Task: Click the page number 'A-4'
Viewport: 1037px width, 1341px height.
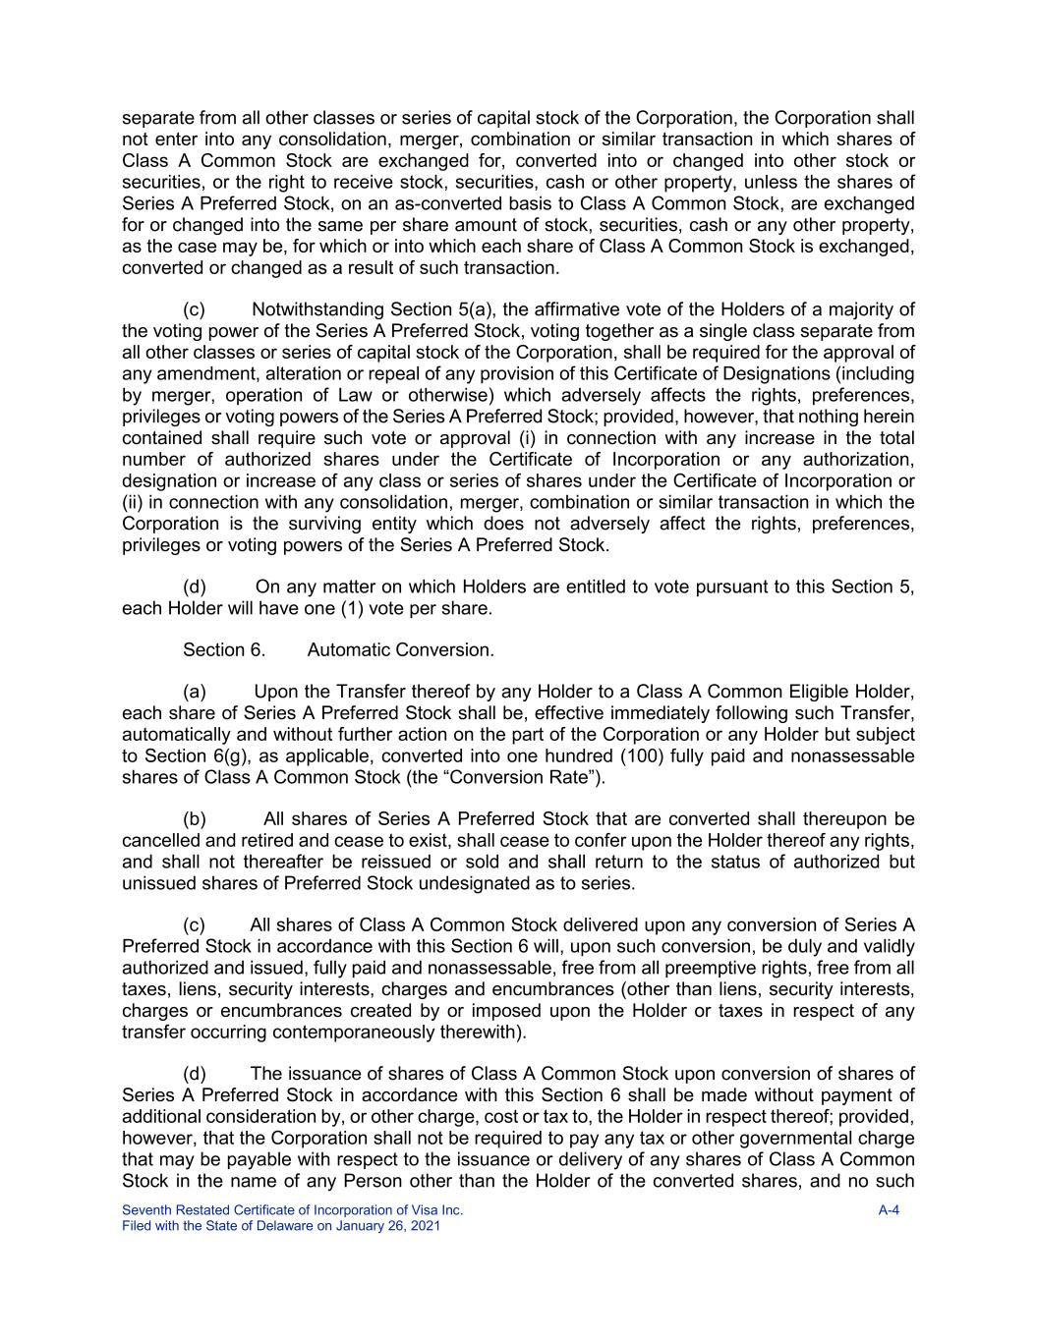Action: [x=889, y=1210]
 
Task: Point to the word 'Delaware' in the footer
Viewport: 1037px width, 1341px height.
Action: [x=285, y=1226]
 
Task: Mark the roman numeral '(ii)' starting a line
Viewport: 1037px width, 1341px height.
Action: [x=133, y=502]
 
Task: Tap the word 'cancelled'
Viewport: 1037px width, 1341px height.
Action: [x=161, y=841]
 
